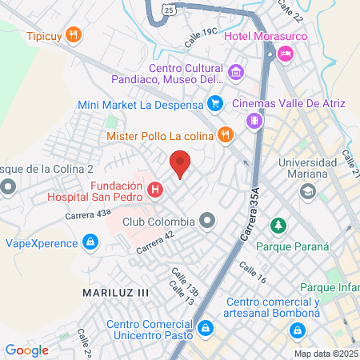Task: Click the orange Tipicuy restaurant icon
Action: (x=74, y=34)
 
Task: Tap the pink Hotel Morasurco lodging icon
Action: (x=286, y=54)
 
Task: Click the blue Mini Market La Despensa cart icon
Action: (x=214, y=103)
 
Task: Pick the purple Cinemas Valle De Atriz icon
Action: (x=254, y=121)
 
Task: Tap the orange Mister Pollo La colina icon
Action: (x=226, y=134)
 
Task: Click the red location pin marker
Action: (x=181, y=162)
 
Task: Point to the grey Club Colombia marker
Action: (x=208, y=220)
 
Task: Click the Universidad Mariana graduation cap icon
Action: (x=307, y=192)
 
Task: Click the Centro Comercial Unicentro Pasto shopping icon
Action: (x=206, y=327)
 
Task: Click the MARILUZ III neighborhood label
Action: (x=116, y=293)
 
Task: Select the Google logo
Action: (x=26, y=350)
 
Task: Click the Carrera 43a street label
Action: (x=89, y=214)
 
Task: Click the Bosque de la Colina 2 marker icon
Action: (x=9, y=188)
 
